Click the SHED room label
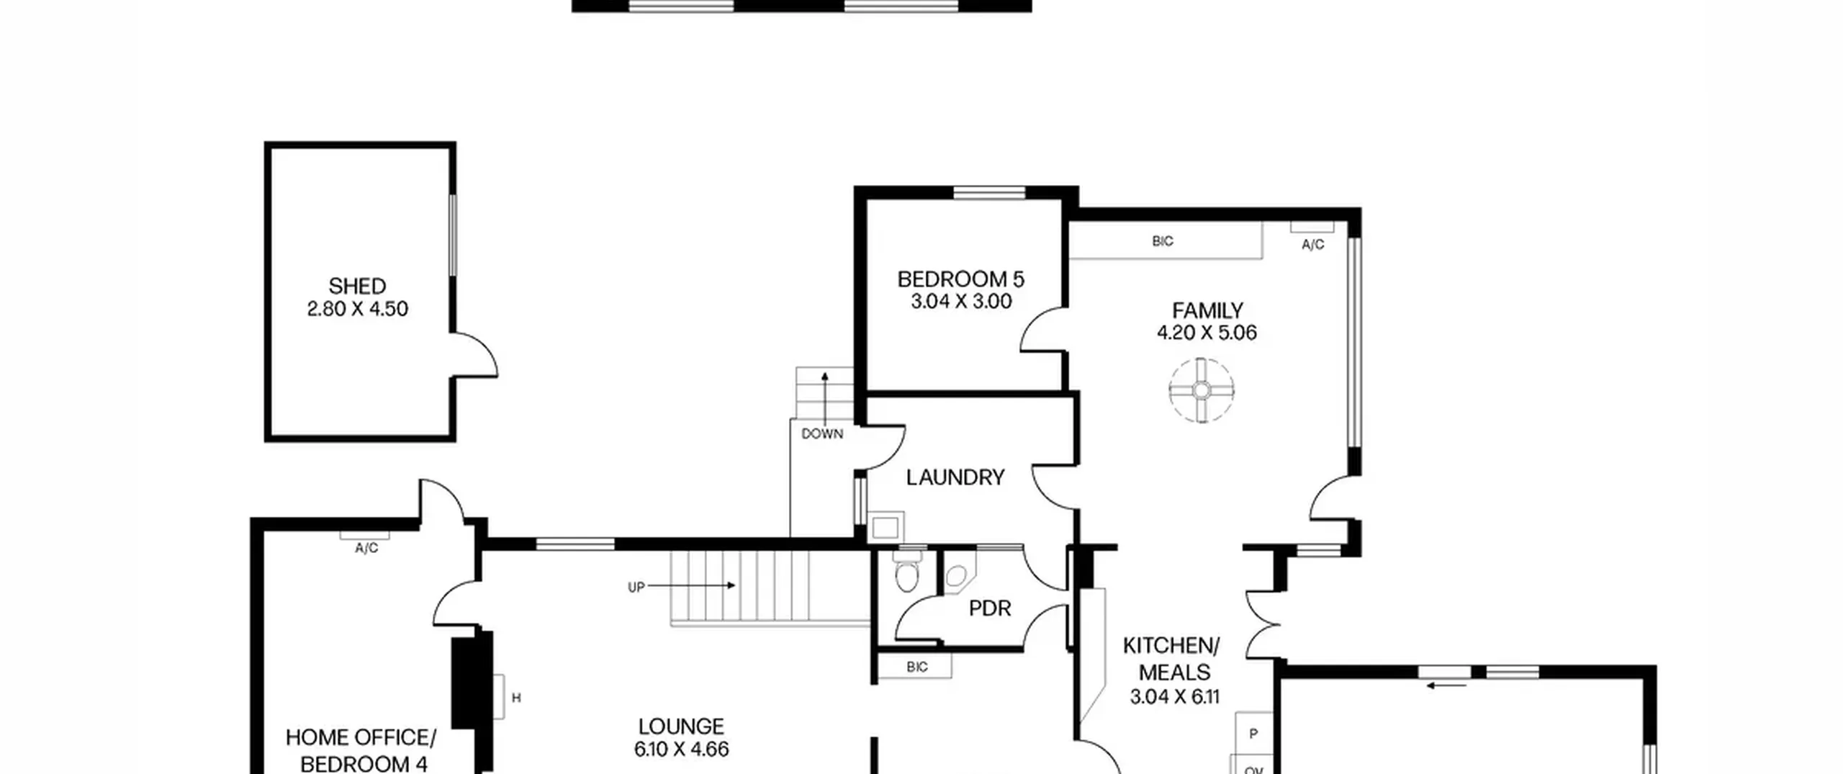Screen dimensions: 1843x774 [357, 286]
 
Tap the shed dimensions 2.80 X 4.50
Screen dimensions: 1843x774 [357, 309]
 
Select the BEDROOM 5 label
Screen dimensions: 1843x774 [960, 279]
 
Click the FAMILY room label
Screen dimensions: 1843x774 [1207, 310]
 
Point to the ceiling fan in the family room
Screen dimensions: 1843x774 [1201, 390]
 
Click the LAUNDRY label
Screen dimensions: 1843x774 [955, 477]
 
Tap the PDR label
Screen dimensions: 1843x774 [990, 608]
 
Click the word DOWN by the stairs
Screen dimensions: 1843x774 [822, 434]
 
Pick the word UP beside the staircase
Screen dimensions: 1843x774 [636, 588]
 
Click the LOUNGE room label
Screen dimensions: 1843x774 [681, 726]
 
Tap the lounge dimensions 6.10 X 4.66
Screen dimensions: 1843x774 [681, 750]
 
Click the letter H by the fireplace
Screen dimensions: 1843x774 [516, 698]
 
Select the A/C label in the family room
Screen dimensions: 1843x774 [1312, 245]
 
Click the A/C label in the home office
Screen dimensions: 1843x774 [366, 549]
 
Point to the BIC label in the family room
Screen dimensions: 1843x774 [1163, 241]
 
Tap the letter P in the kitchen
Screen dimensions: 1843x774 [1253, 734]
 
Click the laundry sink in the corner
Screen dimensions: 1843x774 [886, 528]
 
